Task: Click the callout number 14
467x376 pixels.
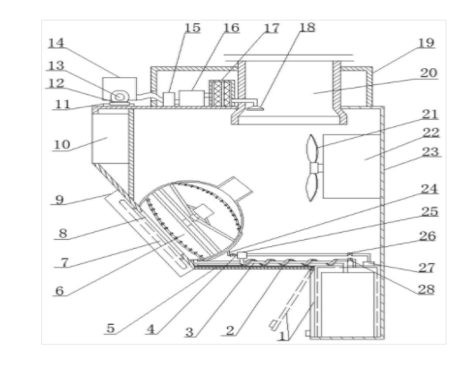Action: click(56, 43)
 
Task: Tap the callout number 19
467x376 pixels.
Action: click(426, 43)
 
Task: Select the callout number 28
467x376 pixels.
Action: click(426, 289)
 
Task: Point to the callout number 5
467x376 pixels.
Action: click(111, 329)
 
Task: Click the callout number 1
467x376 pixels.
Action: click(282, 337)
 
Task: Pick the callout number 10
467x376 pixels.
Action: click(62, 145)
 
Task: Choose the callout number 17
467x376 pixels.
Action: click(271, 29)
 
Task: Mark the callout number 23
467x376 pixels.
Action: click(430, 152)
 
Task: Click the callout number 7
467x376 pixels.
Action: click(64, 262)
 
